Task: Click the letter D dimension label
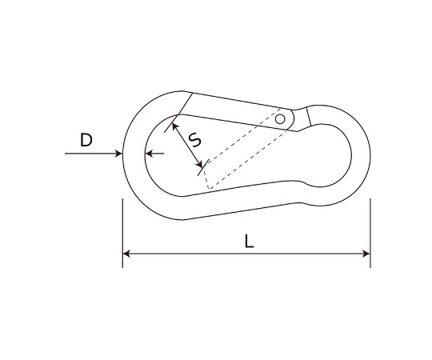pyautogui.click(x=86, y=140)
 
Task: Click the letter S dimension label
pyautogui.click(x=196, y=139)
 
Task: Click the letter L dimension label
pyautogui.click(x=249, y=242)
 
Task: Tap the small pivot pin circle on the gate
pyautogui.click(x=280, y=119)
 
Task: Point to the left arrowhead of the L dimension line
pyautogui.click(x=126, y=254)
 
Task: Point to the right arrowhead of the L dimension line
pyautogui.click(x=366, y=254)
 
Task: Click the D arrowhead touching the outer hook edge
pyautogui.click(x=118, y=154)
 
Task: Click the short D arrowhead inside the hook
pyautogui.click(x=149, y=154)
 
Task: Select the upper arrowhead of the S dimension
pyautogui.click(x=174, y=126)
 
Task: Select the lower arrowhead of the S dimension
pyautogui.click(x=199, y=165)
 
